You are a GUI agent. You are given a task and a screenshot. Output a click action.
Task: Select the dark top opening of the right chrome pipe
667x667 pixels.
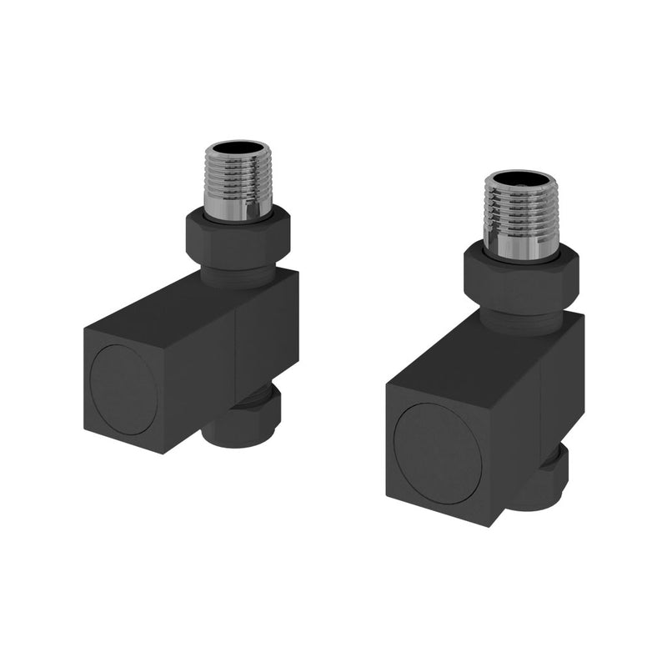pyautogui.click(x=520, y=179)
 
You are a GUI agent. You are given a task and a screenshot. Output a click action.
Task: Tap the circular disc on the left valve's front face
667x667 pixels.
pyautogui.click(x=123, y=389)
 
